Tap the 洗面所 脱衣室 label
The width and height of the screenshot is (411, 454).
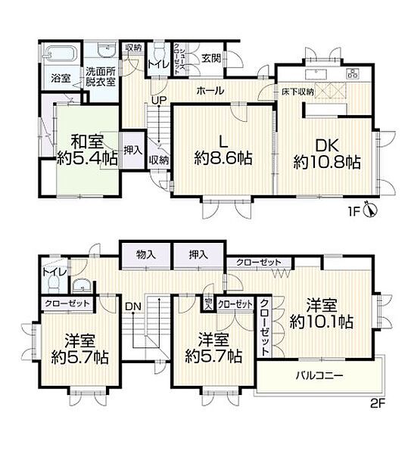pos(101,77)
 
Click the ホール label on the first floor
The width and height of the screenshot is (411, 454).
pos(210,91)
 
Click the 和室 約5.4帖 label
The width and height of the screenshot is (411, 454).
pos(88,150)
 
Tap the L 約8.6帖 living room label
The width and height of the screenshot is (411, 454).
pos(223,150)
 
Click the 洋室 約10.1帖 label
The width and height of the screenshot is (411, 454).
pos(322,313)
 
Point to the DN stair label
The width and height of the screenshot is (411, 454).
pos(132,306)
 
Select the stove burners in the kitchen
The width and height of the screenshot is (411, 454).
pos(352,74)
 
